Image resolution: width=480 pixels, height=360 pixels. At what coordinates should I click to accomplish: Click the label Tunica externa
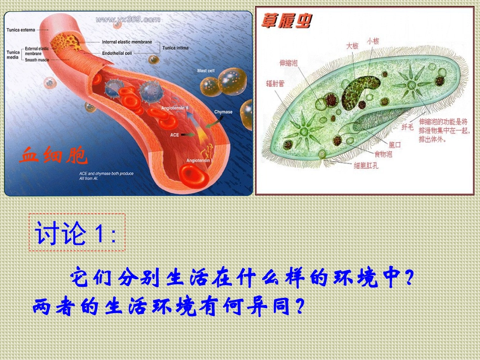[x=21, y=30]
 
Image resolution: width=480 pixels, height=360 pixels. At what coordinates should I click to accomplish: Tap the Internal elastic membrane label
[x=127, y=42]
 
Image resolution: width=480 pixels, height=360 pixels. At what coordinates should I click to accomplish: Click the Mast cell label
[x=206, y=71]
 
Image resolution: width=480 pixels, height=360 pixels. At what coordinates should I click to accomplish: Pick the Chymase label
[x=223, y=112]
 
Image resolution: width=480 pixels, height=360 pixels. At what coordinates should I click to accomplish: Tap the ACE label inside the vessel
[x=174, y=135]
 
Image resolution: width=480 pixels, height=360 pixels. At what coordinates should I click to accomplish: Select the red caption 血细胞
[x=54, y=156]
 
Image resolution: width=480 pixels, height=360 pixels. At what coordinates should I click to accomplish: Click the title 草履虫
[x=286, y=21]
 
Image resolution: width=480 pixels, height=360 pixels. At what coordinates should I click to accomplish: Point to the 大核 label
[x=352, y=45]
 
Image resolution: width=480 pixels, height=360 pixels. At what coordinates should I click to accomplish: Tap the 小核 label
[x=373, y=41]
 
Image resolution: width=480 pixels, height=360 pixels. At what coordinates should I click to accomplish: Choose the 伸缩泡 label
[x=289, y=63]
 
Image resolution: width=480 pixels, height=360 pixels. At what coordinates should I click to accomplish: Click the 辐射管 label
[x=274, y=83]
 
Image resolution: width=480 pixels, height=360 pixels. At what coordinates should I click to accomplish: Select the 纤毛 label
[x=407, y=127]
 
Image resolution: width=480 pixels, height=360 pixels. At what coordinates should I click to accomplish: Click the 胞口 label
[x=394, y=144]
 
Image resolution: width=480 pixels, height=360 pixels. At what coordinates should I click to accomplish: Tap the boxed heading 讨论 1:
[x=76, y=234]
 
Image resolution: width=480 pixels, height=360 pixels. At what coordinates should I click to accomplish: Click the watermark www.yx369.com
[x=128, y=20]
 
